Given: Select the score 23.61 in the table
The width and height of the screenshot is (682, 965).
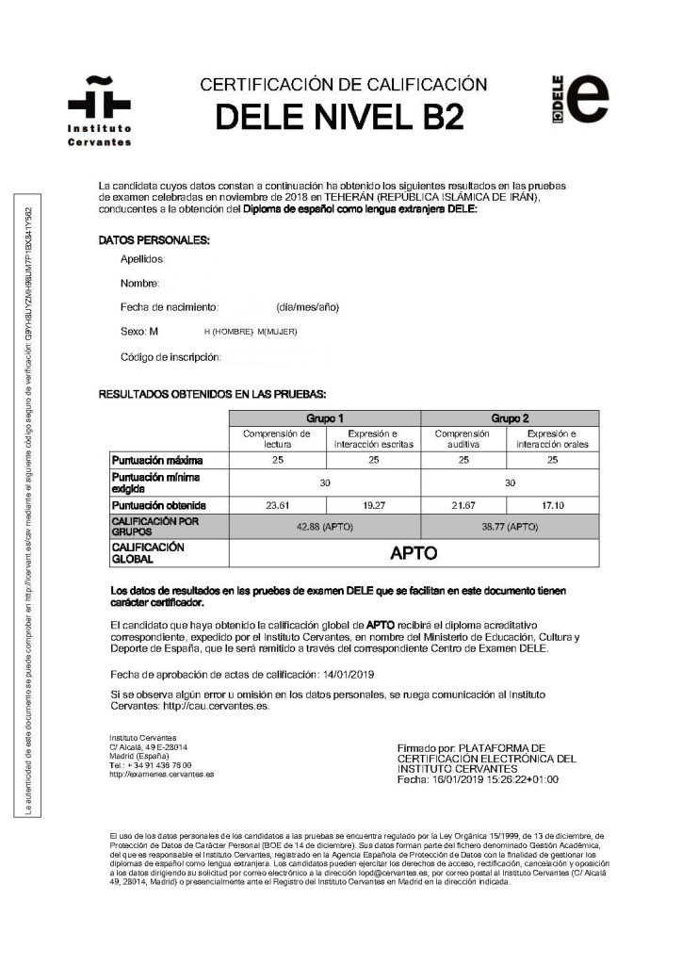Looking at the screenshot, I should tap(277, 504).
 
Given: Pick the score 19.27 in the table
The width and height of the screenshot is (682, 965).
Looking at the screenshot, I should tap(373, 504).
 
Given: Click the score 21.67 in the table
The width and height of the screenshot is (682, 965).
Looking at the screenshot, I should tap(463, 504).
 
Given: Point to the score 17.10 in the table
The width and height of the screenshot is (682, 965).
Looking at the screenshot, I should tap(552, 504).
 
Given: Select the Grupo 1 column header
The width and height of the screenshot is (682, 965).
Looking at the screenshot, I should tap(324, 417).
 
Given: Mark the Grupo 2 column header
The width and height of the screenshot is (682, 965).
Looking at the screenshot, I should tap(509, 417).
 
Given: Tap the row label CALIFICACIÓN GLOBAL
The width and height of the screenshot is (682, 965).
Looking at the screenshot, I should tap(148, 552).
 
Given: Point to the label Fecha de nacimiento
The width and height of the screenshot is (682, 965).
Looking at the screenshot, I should tap(170, 307).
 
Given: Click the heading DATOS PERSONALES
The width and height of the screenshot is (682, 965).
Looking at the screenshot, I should tap(154, 241).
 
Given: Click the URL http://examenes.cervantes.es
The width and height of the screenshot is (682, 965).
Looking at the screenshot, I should tap(161, 774).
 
